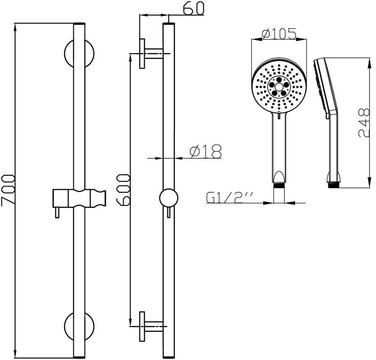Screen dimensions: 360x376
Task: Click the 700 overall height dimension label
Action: coord(8,190)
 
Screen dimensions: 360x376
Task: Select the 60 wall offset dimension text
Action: coord(193,9)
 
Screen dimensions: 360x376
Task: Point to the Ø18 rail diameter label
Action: coord(205,151)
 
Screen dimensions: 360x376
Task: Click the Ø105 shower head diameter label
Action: coord(279,33)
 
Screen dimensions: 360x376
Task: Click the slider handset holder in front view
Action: coord(79,198)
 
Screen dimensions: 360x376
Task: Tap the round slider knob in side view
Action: coord(168,198)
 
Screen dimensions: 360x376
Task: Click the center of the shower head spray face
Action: coord(279,86)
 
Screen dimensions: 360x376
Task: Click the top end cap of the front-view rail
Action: coord(79,23)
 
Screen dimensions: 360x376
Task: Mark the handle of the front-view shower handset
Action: coord(279,146)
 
